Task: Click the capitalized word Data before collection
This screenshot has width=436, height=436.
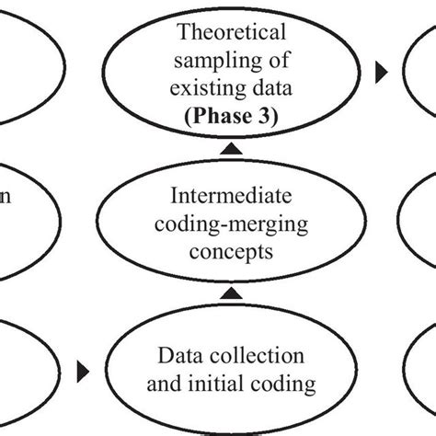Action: point(178,354)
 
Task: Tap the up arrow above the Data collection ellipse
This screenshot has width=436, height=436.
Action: point(234,293)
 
